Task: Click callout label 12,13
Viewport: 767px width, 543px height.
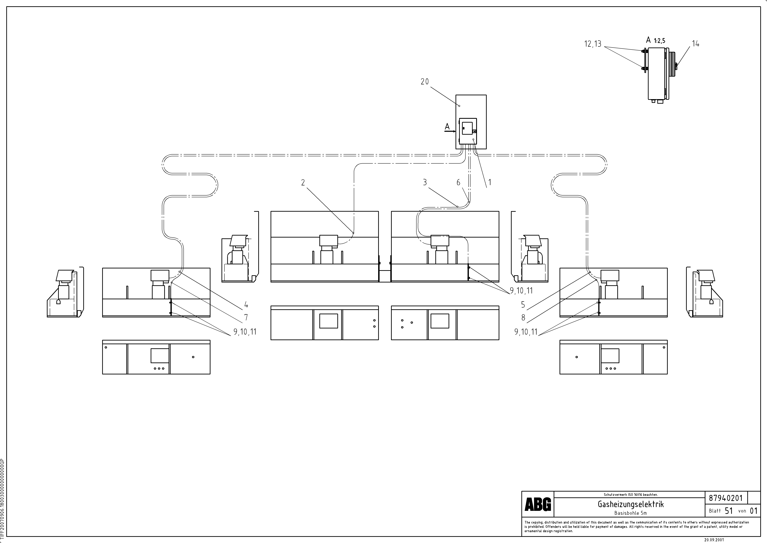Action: [x=593, y=44]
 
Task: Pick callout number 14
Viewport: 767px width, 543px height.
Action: [x=696, y=44]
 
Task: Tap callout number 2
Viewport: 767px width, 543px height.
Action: [x=303, y=183]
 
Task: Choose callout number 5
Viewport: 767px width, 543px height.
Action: [x=523, y=305]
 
